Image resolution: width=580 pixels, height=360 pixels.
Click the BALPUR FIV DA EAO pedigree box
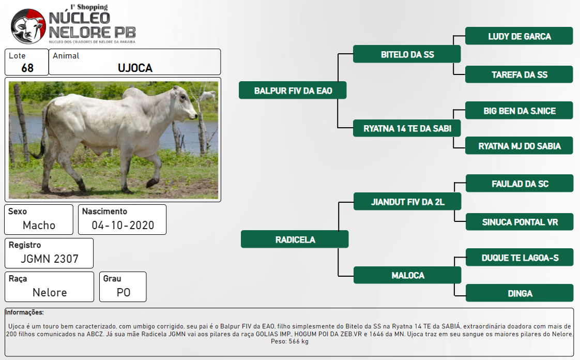pos(293,91)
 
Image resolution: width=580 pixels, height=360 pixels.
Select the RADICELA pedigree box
pos(295,239)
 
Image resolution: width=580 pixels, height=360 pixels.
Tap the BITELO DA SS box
pos(407,54)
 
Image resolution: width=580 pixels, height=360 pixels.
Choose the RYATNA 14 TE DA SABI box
pos(407,128)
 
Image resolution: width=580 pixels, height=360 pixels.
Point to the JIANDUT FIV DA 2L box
pos(407,202)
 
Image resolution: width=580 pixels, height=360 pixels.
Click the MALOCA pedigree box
pos(407,275)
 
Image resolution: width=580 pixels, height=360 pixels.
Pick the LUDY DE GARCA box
pos(519,36)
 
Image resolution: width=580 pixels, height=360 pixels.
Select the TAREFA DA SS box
pos(519,74)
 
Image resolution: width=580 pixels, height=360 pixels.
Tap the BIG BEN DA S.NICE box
pos(519,110)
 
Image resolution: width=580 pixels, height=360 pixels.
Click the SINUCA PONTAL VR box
pos(520,221)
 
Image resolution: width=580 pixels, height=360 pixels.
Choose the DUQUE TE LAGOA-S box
pos(520,257)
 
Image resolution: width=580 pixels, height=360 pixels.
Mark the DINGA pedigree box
pos(520,293)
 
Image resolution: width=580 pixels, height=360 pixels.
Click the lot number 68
pos(27,68)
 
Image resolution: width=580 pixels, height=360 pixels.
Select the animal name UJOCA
pos(135,68)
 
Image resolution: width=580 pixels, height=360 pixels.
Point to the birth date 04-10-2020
pos(123,226)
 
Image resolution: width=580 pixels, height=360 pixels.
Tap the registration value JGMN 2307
pos(50,259)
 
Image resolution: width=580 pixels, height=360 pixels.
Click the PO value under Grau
pos(124,292)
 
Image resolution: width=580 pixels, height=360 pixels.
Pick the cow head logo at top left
pos(28,26)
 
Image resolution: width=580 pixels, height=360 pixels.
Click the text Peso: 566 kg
pos(289,341)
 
